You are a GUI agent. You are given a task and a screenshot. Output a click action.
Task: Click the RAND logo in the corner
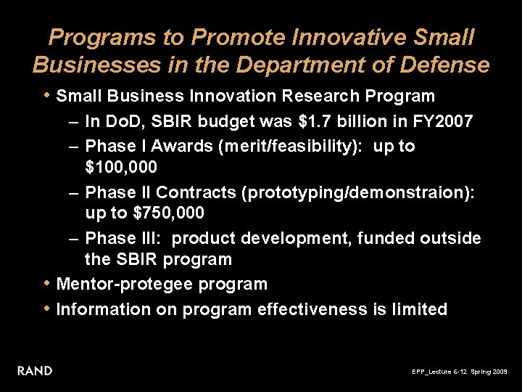[35, 371]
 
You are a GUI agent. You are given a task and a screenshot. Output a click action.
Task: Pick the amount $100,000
[121, 167]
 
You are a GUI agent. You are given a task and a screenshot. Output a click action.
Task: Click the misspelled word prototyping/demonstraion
[359, 192]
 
